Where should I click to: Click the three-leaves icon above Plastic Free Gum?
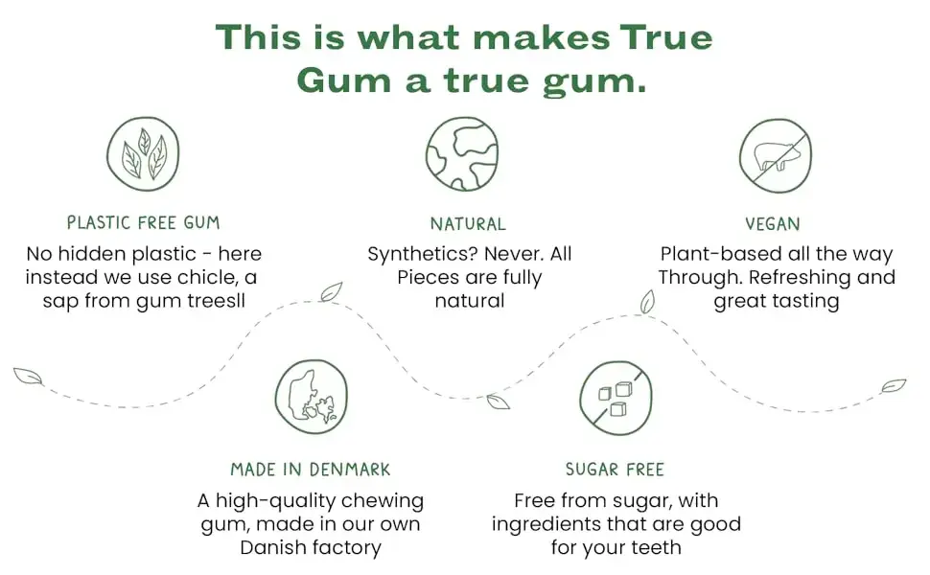coord(143,154)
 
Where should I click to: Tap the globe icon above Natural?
coord(462,154)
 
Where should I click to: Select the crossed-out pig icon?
coord(776,156)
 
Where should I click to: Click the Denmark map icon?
coord(312,397)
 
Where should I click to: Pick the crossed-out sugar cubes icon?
coord(616,398)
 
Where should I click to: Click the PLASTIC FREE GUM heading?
coord(143,223)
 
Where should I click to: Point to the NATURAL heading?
coord(468,224)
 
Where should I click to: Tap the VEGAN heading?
coord(773,224)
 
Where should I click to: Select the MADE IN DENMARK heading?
coord(311,470)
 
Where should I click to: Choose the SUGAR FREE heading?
coord(616,470)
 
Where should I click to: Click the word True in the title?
coord(666,36)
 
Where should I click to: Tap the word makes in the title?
coord(542,36)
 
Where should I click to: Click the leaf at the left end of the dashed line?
coord(28,377)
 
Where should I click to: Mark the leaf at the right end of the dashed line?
coord(894,386)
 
